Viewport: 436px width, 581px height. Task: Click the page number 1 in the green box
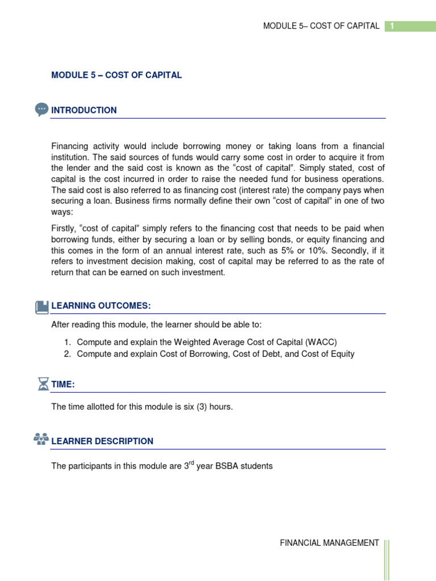click(x=392, y=26)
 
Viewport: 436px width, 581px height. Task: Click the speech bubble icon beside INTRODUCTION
click(x=41, y=110)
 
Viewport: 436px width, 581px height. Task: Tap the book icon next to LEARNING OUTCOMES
click(x=42, y=307)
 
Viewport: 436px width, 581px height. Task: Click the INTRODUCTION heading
click(x=84, y=111)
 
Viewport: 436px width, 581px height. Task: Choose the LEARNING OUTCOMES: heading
click(x=101, y=306)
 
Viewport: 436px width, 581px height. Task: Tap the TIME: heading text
click(x=63, y=385)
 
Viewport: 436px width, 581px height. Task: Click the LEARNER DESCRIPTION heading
click(x=102, y=441)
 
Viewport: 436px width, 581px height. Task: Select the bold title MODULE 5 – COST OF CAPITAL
click(x=116, y=75)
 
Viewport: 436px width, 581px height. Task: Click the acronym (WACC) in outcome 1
click(x=321, y=342)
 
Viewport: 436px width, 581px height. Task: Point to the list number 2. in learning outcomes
click(x=67, y=354)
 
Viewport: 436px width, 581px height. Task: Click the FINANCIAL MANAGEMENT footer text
click(x=329, y=543)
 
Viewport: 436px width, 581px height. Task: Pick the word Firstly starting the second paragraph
click(x=64, y=229)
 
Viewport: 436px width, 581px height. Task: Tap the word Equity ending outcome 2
click(x=341, y=354)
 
